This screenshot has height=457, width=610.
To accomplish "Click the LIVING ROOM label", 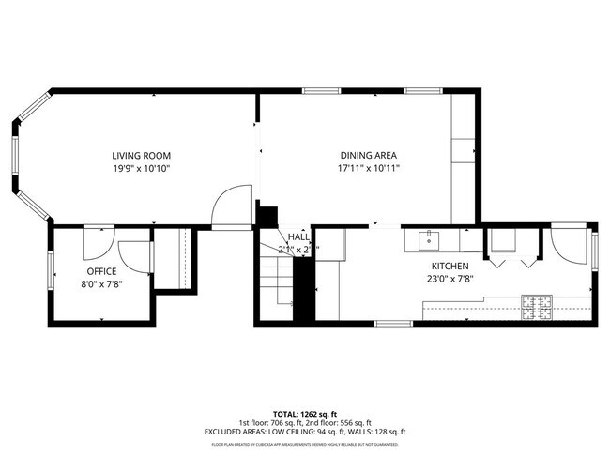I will point(141,156).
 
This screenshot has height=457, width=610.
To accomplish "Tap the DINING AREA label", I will point(369,156).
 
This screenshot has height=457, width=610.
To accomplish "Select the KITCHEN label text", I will point(450,266).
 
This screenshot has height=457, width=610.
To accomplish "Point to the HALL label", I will point(298,237).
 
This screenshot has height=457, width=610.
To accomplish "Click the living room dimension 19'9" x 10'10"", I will point(141,168).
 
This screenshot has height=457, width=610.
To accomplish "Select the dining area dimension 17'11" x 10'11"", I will point(369,168).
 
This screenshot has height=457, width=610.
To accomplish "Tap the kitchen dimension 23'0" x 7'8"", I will point(450,278).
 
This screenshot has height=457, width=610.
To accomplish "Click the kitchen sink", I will point(431,240).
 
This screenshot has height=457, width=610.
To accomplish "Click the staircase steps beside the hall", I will point(277,277).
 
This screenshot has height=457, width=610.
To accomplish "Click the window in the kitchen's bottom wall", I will point(393,323).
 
